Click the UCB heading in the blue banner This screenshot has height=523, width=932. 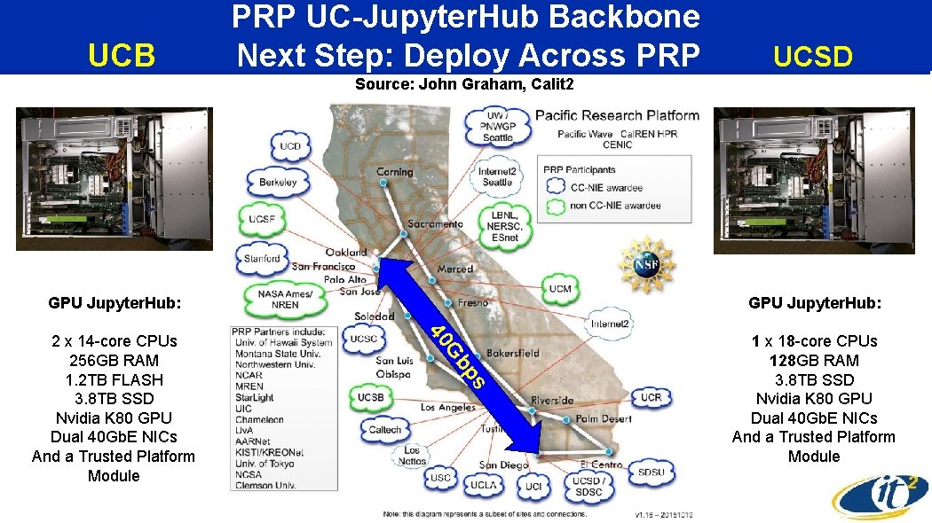tap(122, 56)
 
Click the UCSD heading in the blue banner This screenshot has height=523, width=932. tap(812, 57)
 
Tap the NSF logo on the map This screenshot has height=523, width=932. tap(646, 263)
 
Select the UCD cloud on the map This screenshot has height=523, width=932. tap(290, 146)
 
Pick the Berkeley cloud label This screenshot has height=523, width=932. tap(278, 182)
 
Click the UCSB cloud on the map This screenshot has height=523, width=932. tap(370, 397)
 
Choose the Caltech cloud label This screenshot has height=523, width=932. tap(385, 430)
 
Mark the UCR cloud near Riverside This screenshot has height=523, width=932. tap(651, 398)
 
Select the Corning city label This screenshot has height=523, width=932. tap(394, 172)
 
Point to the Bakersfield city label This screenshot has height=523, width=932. tap(512, 353)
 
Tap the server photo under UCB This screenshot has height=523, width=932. tap(115, 179)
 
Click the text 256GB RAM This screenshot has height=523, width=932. tap(114, 361)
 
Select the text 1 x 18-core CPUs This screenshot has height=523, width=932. tap(814, 341)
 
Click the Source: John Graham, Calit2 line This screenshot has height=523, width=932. tap(464, 85)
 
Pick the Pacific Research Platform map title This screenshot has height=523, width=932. tap(617, 115)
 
